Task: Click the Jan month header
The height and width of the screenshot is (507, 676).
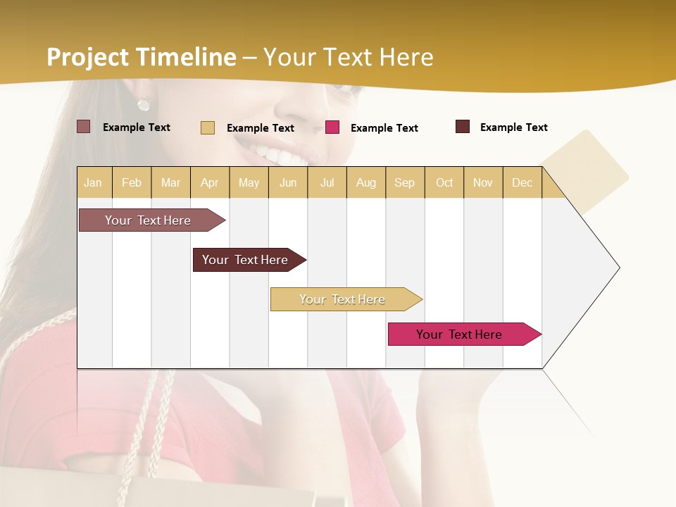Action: (94, 182)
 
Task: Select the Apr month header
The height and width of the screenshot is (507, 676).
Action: (210, 182)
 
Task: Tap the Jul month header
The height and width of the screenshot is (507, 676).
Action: (327, 182)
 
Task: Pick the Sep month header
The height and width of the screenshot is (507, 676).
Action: (404, 182)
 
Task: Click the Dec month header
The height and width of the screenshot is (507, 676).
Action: (522, 182)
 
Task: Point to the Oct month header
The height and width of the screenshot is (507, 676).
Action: (444, 182)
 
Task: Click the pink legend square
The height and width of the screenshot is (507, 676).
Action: (332, 127)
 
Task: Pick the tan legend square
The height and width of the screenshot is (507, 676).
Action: (208, 127)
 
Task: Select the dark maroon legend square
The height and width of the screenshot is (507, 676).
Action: (463, 127)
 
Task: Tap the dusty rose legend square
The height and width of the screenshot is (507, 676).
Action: (83, 127)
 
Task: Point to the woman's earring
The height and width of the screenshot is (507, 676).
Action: (144, 105)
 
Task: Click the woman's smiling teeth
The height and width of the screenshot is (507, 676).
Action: (271, 152)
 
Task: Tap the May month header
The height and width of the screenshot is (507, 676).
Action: (249, 182)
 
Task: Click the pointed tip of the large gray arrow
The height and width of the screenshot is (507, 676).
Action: (618, 268)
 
